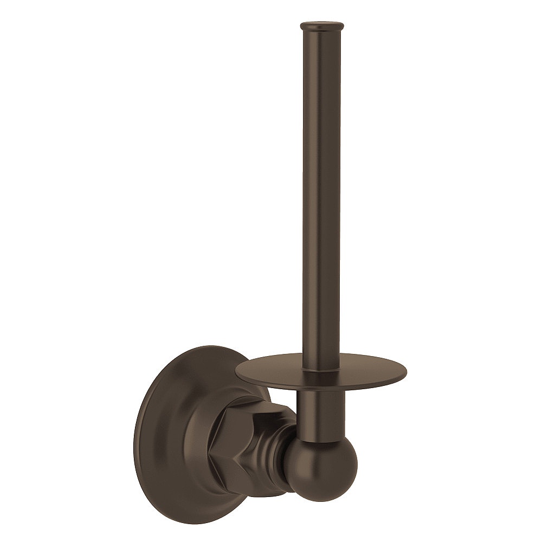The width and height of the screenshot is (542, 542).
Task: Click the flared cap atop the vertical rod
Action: (x=322, y=27)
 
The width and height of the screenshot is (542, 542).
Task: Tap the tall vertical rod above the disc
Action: (x=321, y=190)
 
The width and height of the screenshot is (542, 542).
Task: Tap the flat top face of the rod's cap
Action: (x=322, y=23)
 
